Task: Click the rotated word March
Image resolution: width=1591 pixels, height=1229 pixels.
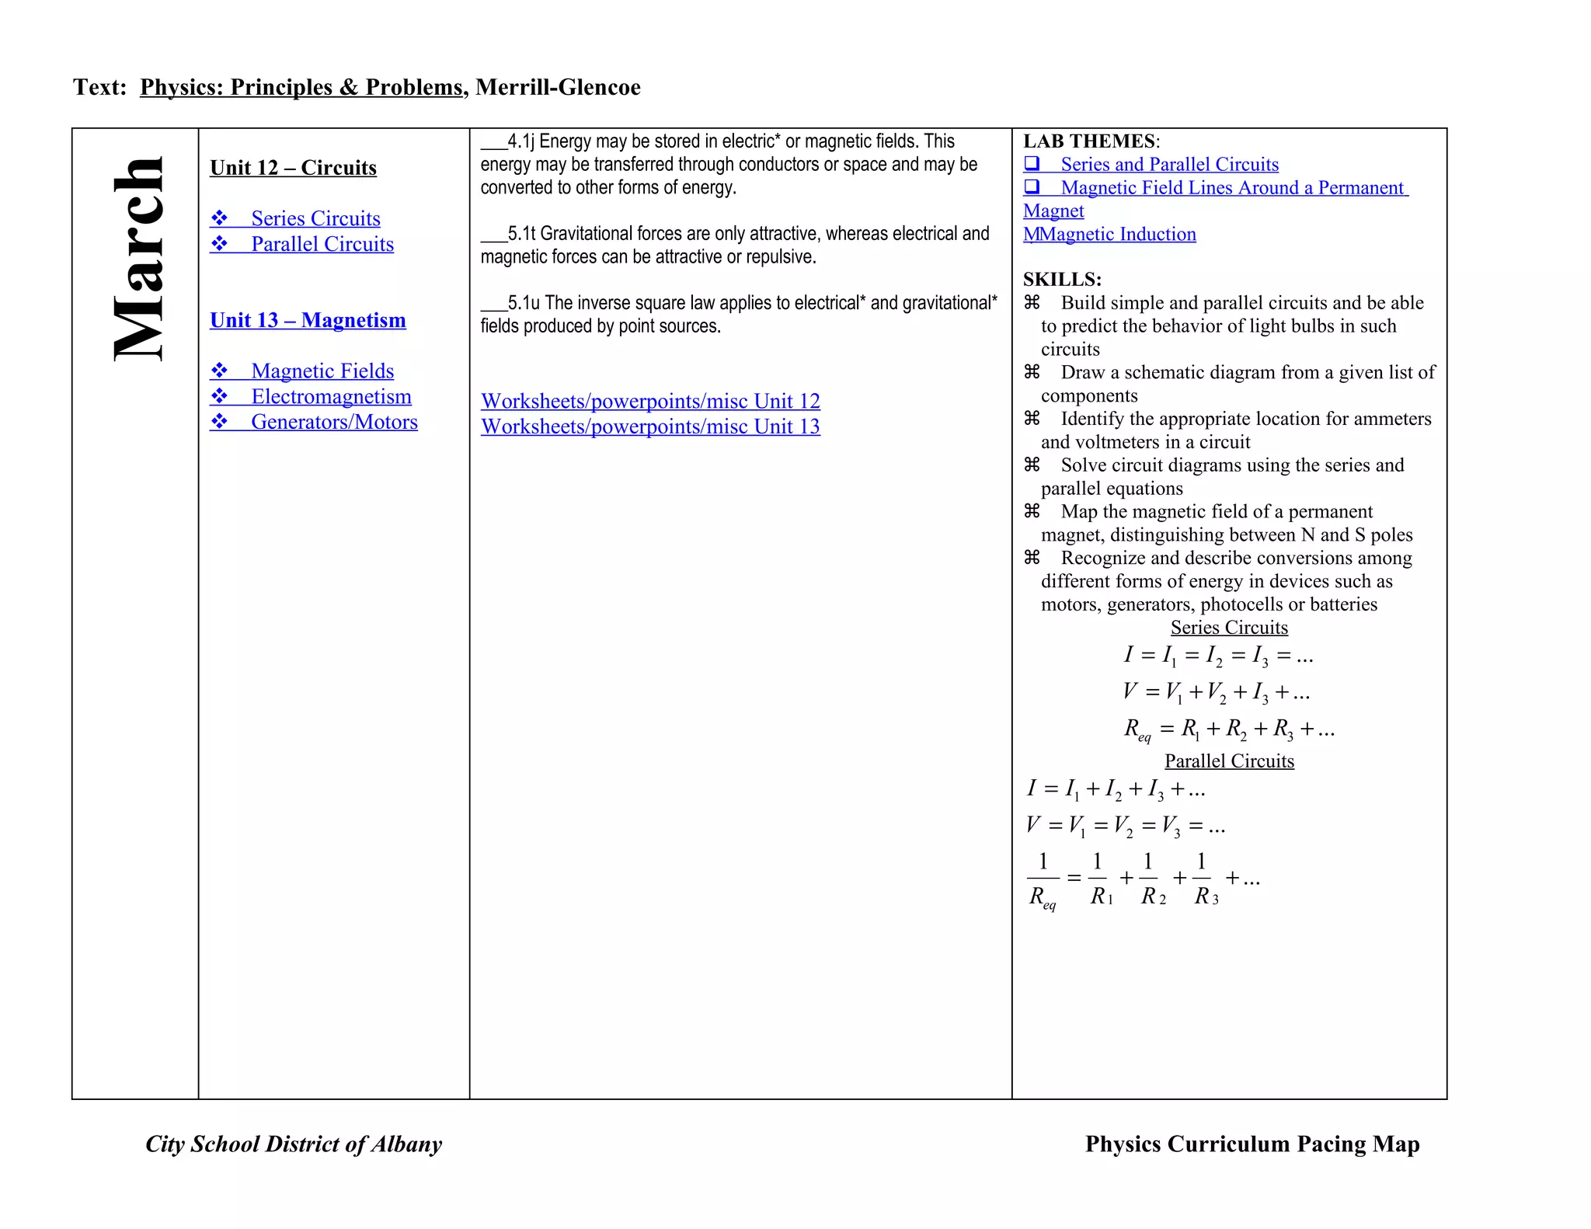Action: click(x=138, y=259)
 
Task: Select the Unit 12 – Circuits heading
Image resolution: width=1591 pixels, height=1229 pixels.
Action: click(x=293, y=168)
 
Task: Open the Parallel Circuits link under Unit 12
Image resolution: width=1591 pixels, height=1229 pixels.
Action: click(x=322, y=244)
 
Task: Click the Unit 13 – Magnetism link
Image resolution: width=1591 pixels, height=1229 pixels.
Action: click(x=308, y=320)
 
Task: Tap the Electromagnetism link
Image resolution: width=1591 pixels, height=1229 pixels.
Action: click(x=331, y=397)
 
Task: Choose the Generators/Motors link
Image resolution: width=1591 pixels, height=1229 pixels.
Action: click(x=334, y=422)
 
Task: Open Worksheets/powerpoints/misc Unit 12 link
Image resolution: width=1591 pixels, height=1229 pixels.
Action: click(x=650, y=401)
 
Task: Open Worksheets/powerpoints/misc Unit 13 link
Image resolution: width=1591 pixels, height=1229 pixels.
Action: click(x=650, y=426)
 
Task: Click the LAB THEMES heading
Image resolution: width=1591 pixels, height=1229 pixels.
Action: click(x=1090, y=141)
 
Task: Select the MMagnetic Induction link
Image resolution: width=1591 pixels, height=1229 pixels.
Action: click(x=1109, y=235)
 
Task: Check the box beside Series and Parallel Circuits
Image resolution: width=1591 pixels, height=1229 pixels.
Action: click(x=1032, y=164)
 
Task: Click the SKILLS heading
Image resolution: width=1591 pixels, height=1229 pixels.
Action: click(x=1062, y=280)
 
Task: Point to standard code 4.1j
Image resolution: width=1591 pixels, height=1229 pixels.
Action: click(x=521, y=141)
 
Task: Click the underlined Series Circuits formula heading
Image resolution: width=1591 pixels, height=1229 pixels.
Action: click(x=1229, y=628)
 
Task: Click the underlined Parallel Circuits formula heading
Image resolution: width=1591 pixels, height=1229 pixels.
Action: click(x=1229, y=761)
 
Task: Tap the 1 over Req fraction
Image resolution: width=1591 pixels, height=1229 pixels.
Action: click(x=1043, y=879)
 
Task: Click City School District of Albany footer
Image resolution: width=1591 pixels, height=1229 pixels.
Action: click(x=294, y=1144)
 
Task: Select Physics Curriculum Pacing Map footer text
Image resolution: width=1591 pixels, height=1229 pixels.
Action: click(x=1252, y=1144)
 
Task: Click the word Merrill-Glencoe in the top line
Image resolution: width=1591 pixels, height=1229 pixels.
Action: click(x=558, y=87)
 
